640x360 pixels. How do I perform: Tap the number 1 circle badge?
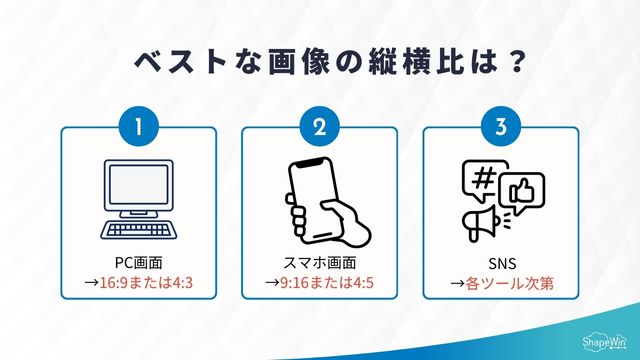pos(138,128)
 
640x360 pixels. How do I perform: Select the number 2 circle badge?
pos(319,128)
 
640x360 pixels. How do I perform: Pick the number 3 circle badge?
pos(500,128)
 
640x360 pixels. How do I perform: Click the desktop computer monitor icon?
pos(138,189)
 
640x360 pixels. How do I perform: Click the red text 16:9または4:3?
pos(145,283)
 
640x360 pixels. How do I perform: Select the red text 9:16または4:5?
pos(326,283)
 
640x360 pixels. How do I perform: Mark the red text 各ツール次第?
pos(508,283)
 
